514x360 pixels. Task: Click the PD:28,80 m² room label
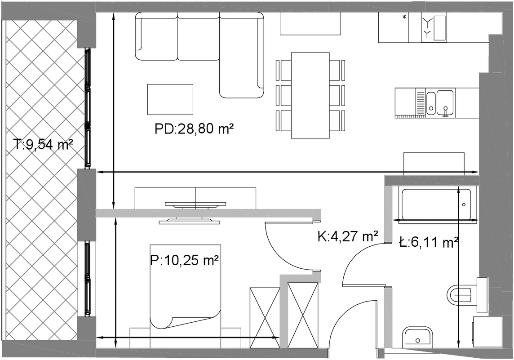point(194,129)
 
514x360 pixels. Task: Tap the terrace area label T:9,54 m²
point(43,144)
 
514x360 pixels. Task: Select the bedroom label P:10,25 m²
point(185,261)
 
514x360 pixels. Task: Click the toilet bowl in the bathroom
point(460,293)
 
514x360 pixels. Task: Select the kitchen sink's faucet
point(445,111)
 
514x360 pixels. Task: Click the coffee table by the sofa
point(170,99)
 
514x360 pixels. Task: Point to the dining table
point(310,95)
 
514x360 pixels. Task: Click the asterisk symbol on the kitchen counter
point(404,18)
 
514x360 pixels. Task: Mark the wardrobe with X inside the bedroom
point(265,318)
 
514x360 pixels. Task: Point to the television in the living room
point(195,204)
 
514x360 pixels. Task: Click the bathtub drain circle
point(464,204)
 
